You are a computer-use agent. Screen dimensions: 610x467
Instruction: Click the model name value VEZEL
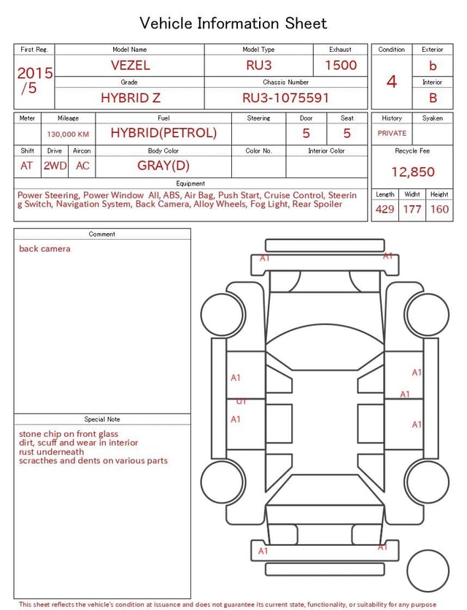130,65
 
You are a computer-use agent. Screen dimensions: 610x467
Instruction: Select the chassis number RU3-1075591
285,98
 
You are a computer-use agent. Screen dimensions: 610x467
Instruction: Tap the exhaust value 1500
341,65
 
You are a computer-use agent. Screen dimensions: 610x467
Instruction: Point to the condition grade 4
392,81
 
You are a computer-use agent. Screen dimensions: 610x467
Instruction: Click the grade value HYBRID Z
130,98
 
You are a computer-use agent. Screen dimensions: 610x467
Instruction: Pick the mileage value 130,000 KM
68,134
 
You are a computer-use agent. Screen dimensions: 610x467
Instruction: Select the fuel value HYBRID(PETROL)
163,133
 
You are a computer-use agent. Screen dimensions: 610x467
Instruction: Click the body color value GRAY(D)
163,166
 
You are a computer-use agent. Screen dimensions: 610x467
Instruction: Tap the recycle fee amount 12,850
412,172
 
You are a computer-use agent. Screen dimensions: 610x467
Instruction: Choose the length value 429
385,209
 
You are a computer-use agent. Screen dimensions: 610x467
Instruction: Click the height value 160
439,209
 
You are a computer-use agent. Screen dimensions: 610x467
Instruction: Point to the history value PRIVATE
392,134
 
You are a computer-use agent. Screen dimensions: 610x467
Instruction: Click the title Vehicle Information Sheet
233,23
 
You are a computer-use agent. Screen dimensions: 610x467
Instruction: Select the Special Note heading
102,419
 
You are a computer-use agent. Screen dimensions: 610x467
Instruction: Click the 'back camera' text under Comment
45,249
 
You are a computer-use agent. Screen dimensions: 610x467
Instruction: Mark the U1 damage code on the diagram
241,401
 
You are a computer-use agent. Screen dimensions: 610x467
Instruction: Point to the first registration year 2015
34,73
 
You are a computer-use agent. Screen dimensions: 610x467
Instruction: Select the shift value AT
26,166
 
